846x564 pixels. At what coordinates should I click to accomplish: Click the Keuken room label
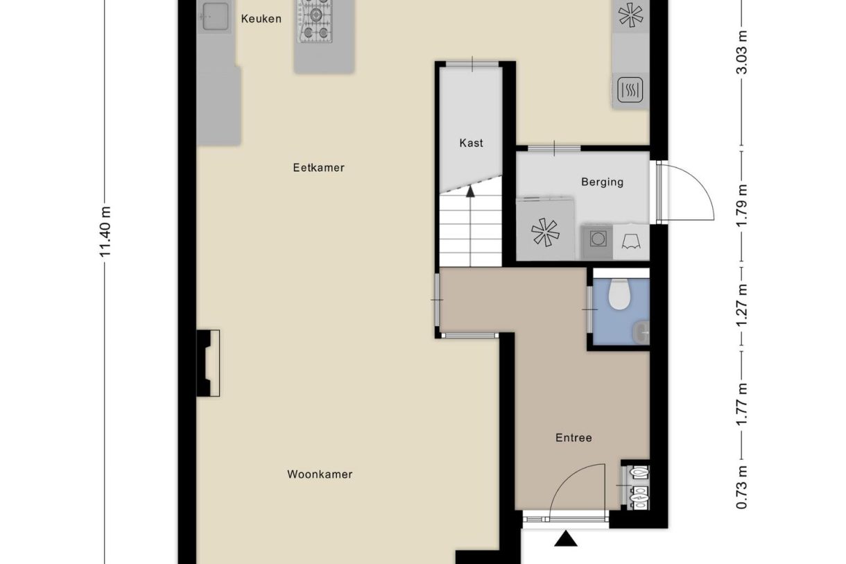point(261,19)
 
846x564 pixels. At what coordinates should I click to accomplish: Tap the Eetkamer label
point(319,167)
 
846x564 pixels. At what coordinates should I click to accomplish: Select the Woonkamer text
point(320,474)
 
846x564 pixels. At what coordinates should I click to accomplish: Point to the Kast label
point(471,143)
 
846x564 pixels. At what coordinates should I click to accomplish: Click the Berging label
point(603,182)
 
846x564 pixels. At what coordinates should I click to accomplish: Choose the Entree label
point(573,438)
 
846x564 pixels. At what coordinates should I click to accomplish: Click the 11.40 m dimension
point(105,232)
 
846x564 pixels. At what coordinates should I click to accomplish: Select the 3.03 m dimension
point(742,52)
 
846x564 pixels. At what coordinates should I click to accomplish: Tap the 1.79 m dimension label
point(742,206)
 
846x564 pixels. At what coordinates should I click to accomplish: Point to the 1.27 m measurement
point(742,306)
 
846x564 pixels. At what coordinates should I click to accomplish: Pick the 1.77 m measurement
point(742,404)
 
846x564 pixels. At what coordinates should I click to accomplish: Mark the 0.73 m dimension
point(742,487)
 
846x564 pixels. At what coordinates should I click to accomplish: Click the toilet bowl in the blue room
point(619,294)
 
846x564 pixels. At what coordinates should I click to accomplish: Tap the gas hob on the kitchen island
point(314,21)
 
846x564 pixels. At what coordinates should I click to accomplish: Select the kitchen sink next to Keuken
point(215,16)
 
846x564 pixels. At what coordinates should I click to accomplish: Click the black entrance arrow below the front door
point(565,539)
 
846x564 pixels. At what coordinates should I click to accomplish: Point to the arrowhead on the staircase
point(470,191)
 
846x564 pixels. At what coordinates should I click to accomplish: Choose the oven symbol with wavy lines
point(630,90)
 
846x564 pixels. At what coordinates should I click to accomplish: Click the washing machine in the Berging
point(598,239)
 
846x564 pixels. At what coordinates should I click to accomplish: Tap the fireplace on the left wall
point(208,363)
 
